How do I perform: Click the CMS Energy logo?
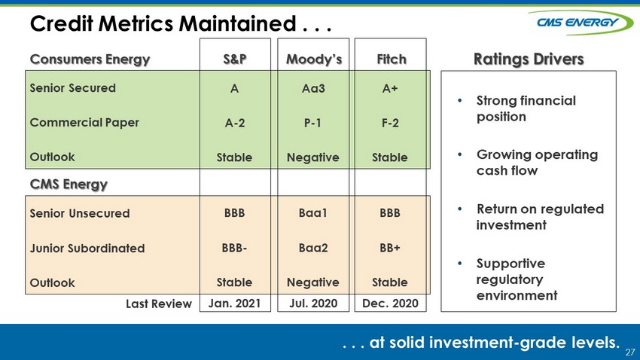581,22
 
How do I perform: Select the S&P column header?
235,59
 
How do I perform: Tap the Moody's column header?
314,59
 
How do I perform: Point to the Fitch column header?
392,59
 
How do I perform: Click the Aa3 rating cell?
313,89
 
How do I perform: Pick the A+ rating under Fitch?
390,89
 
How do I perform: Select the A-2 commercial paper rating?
235,123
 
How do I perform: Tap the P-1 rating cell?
312,123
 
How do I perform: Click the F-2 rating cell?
390,123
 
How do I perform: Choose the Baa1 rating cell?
313,213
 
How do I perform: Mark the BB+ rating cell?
390,248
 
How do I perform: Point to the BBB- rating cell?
234,248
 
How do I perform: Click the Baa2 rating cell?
313,248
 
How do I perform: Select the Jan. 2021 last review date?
234,304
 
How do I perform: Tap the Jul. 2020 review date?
313,304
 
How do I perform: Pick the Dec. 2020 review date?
390,304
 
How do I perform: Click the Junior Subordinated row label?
87,249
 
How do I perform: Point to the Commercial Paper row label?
84,123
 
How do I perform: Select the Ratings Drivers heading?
529,59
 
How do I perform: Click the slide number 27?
630,352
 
